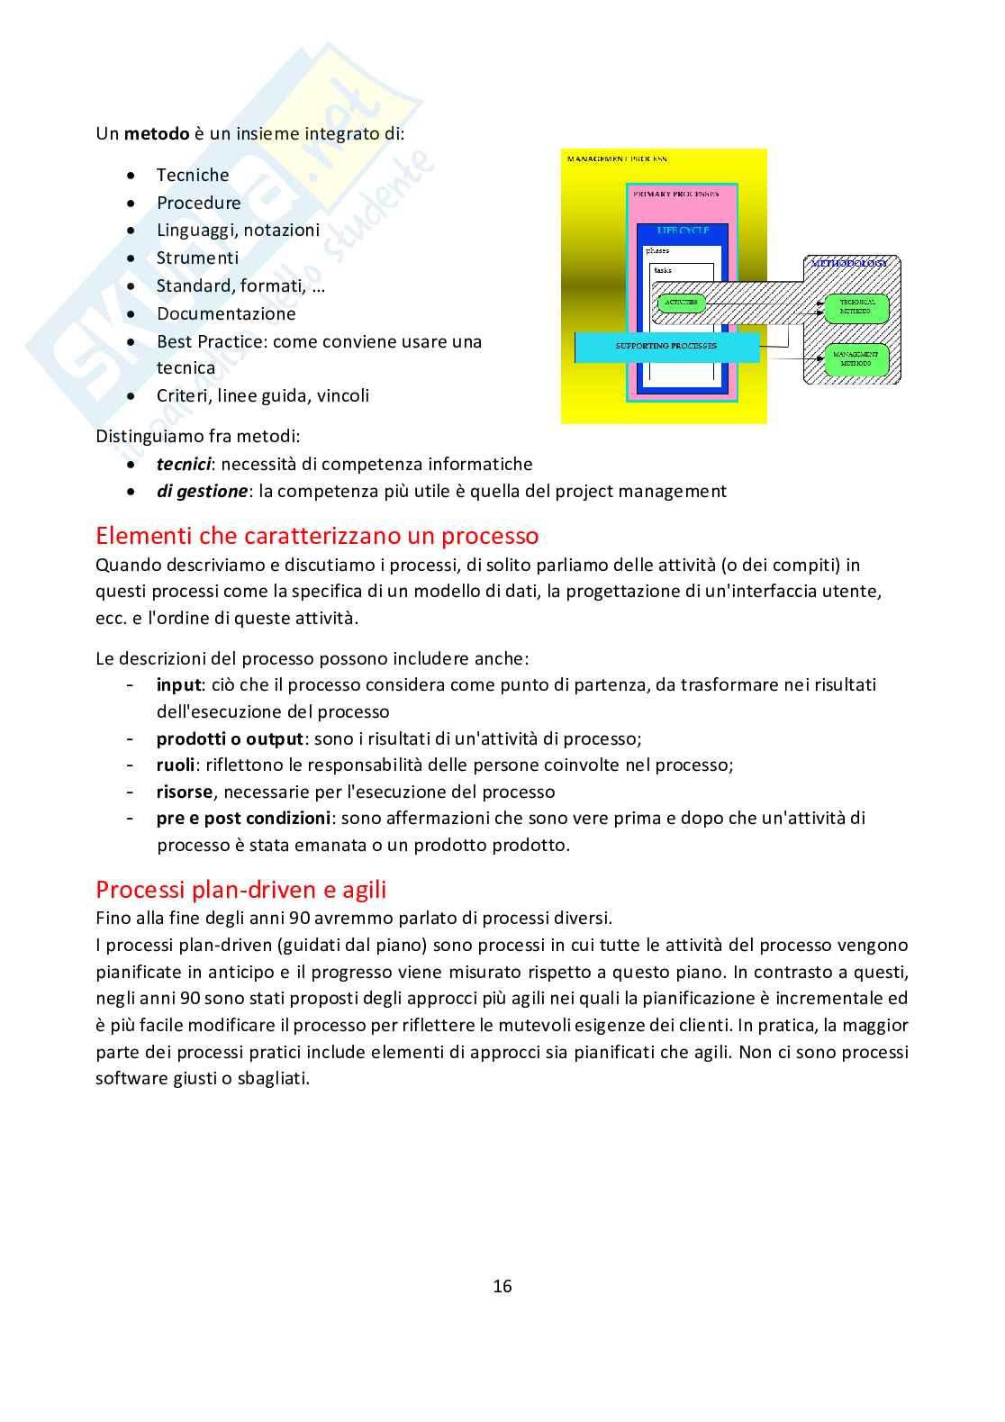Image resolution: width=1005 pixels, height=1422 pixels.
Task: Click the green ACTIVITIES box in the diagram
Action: [681, 303]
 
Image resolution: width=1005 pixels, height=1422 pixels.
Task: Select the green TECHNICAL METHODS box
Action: [856, 307]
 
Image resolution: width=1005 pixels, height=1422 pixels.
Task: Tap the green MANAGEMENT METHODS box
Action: [856, 358]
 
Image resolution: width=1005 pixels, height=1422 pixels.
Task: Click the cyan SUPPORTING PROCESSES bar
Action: [666, 347]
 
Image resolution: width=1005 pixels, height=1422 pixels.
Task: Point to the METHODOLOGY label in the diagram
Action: [849, 264]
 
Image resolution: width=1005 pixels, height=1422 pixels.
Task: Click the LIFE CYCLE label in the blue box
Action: [683, 231]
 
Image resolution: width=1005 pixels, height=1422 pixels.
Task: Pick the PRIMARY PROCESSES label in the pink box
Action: [676, 194]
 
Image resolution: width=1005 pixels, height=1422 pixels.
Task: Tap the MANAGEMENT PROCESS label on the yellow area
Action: [618, 159]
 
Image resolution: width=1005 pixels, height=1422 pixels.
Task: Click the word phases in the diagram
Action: [658, 251]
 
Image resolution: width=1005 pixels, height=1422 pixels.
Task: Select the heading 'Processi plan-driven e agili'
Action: [240, 890]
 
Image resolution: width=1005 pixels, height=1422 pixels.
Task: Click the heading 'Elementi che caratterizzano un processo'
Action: [317, 536]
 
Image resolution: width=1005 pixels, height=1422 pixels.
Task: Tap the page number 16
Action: [502, 1286]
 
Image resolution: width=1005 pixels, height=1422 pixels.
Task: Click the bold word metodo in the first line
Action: [157, 134]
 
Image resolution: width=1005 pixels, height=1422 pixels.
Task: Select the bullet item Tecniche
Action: [193, 175]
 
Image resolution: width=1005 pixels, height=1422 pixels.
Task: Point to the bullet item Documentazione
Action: [226, 313]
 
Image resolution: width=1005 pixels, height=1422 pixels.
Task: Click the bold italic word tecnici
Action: [183, 464]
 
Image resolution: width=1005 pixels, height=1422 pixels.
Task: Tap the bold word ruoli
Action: [176, 765]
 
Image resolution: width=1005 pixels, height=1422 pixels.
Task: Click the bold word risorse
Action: [185, 792]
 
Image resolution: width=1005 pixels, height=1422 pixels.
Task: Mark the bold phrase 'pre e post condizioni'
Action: [243, 818]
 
